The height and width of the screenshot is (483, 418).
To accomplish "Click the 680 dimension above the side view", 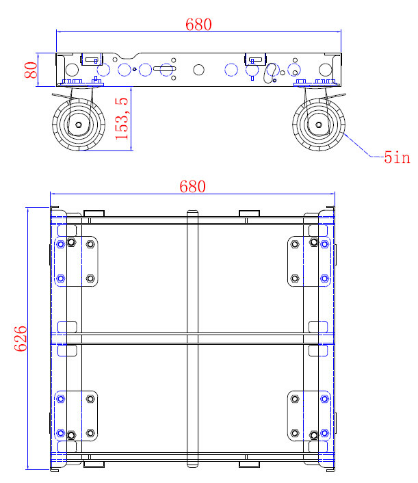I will tap(198, 25).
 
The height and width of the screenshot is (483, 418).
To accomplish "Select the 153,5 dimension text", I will tap(122, 118).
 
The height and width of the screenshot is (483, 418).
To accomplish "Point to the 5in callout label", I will tap(396, 158).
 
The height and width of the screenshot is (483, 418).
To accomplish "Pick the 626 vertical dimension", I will tap(20, 339).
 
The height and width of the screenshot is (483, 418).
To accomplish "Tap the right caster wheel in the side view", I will tap(319, 125).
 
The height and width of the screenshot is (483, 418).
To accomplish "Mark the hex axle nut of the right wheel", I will tap(319, 125).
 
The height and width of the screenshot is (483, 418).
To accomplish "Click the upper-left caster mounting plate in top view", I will tap(77, 261).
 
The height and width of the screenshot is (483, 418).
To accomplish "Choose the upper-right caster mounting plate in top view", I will tap(309, 261).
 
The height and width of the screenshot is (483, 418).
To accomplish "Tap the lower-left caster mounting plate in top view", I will tap(77, 416).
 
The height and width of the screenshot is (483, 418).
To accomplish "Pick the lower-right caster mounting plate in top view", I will tap(309, 416).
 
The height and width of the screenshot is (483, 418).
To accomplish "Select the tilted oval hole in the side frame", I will tap(272, 70).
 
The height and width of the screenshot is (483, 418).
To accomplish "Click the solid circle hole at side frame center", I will tap(198, 69).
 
